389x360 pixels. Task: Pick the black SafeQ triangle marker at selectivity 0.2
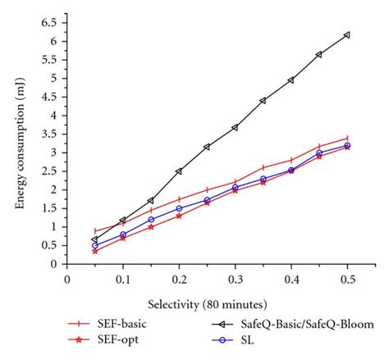click(x=179, y=171)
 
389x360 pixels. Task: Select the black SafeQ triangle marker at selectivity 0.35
click(x=263, y=101)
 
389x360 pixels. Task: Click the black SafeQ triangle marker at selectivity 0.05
click(x=95, y=239)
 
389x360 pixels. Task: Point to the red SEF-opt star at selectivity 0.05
click(x=95, y=251)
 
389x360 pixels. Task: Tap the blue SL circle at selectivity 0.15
click(x=151, y=220)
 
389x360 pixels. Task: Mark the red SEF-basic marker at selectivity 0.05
click(x=95, y=230)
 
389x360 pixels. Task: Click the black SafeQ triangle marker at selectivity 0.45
click(x=318, y=54)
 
